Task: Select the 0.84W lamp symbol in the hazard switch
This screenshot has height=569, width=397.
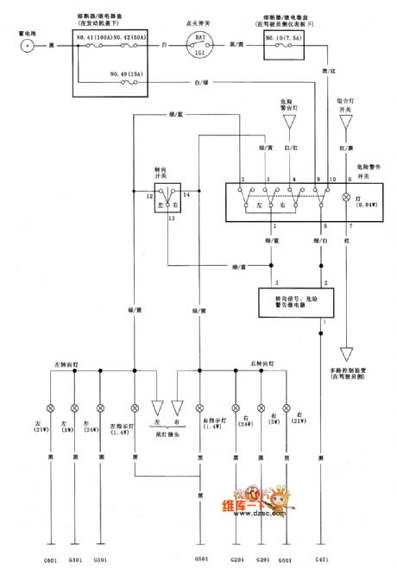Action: [x=348, y=197]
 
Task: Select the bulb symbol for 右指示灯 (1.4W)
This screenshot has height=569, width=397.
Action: [x=199, y=406]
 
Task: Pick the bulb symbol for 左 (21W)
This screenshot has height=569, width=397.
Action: [x=50, y=406]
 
